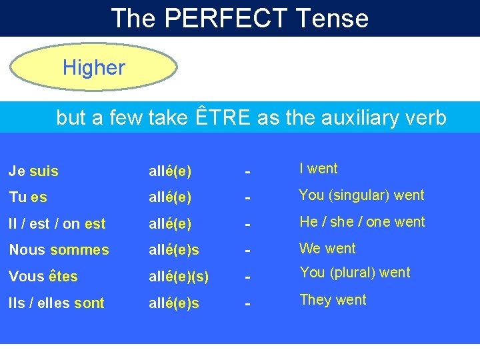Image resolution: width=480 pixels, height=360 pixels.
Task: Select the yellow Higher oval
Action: click(x=94, y=67)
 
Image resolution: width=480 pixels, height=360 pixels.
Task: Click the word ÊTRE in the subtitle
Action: click(x=224, y=118)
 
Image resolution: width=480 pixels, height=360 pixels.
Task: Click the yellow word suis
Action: click(x=44, y=171)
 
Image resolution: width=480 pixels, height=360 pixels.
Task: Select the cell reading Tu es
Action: click(x=28, y=198)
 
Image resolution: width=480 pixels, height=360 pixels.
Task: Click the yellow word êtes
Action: click(x=63, y=276)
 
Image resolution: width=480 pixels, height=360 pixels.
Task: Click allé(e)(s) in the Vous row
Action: click(x=178, y=276)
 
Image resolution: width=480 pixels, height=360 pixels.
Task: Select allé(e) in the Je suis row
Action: click(x=169, y=171)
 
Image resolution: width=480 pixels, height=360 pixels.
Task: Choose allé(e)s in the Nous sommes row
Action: click(x=173, y=250)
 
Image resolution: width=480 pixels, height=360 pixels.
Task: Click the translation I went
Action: click(x=319, y=169)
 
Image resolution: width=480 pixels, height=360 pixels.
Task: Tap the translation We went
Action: click(x=327, y=249)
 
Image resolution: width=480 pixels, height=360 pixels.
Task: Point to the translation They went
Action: click(x=333, y=300)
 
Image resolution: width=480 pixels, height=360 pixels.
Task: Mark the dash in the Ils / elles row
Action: click(x=247, y=304)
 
